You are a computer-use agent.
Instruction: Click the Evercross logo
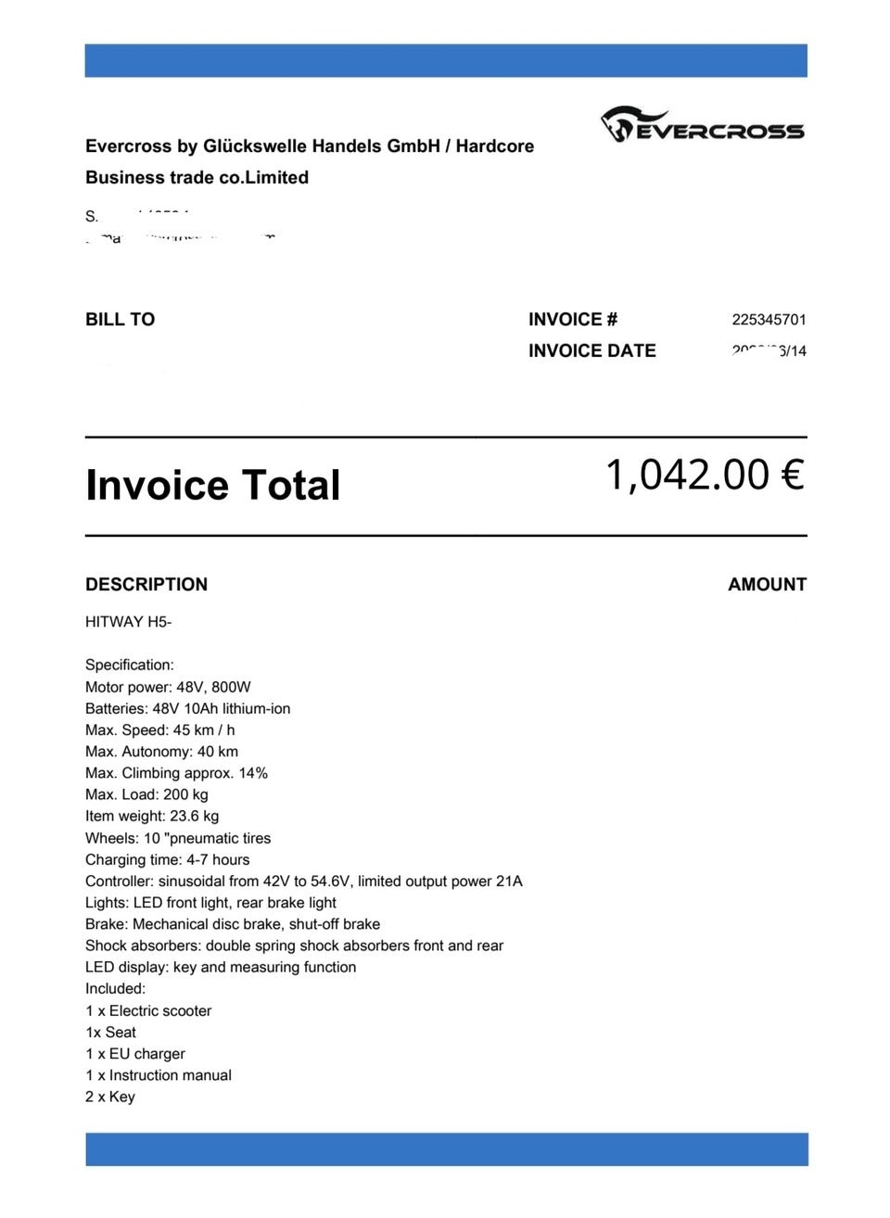(x=702, y=125)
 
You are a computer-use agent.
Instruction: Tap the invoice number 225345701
(x=769, y=320)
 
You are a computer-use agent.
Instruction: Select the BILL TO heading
(x=120, y=320)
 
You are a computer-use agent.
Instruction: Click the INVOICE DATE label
(x=591, y=351)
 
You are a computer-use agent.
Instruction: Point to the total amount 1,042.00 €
(x=704, y=475)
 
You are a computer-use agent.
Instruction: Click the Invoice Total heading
(x=212, y=486)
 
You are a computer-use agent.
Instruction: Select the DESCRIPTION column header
(x=146, y=585)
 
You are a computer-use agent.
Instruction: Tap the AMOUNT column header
(x=767, y=585)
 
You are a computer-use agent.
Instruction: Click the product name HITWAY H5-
(x=128, y=622)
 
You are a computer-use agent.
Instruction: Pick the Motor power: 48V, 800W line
(x=168, y=687)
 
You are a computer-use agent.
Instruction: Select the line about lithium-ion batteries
(x=187, y=708)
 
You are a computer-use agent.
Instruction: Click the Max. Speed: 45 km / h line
(x=159, y=730)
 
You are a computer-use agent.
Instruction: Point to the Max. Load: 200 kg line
(x=146, y=794)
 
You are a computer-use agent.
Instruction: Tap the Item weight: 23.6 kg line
(x=152, y=816)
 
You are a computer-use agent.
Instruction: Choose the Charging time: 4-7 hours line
(x=167, y=859)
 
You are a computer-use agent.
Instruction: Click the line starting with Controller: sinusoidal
(x=303, y=881)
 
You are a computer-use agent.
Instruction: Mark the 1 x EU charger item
(x=135, y=1053)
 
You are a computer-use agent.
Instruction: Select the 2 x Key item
(x=110, y=1097)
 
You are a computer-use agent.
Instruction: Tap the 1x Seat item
(x=110, y=1032)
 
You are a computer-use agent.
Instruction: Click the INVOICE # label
(x=572, y=320)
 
